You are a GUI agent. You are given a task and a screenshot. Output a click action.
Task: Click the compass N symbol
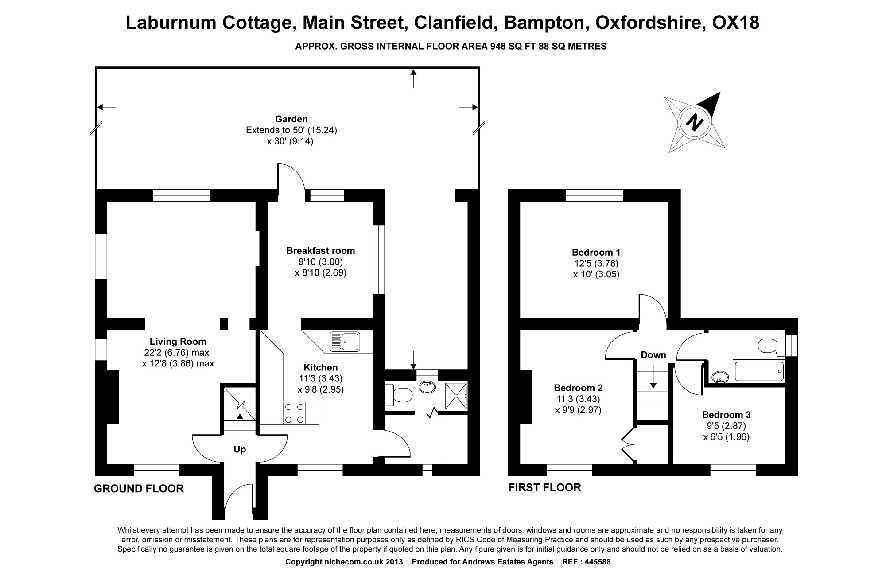(694, 122)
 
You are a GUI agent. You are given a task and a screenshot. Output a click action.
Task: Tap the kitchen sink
(346, 342)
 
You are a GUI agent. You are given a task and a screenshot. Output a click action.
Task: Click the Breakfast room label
(320, 251)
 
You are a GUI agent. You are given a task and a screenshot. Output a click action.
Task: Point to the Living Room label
(178, 342)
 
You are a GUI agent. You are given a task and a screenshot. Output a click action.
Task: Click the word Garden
(291, 119)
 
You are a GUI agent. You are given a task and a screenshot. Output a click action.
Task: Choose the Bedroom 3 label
(726, 415)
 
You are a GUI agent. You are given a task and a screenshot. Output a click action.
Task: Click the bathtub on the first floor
(758, 372)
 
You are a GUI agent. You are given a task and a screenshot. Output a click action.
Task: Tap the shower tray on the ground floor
(455, 396)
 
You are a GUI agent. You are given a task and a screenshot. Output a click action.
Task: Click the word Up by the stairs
(240, 449)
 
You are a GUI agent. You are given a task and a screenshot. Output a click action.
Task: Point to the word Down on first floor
(653, 355)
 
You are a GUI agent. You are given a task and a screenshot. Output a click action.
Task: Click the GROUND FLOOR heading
(139, 489)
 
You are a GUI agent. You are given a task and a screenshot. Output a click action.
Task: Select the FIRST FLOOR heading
(544, 488)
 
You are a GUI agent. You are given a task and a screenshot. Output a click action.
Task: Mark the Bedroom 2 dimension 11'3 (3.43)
(578, 399)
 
